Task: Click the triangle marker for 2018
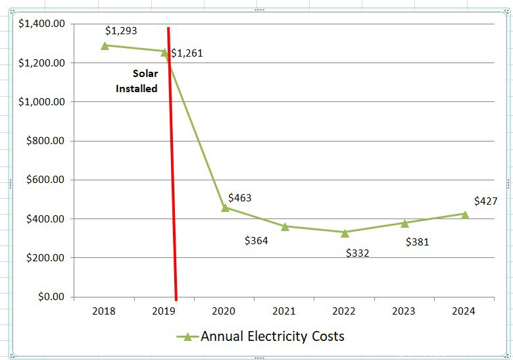coord(105,45)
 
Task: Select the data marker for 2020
coord(225,207)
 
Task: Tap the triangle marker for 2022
coord(345,232)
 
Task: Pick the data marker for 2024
coord(465,214)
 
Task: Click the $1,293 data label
coord(121,30)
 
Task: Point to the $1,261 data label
coord(187,53)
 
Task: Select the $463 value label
coord(239,197)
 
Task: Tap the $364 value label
coord(256,241)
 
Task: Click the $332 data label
coord(357,253)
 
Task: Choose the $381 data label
coord(417,242)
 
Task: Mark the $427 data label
coord(485,201)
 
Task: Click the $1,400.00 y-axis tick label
coord(42,24)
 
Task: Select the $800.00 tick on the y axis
coord(45,141)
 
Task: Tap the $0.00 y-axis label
coord(50,297)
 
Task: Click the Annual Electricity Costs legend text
coord(272,336)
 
